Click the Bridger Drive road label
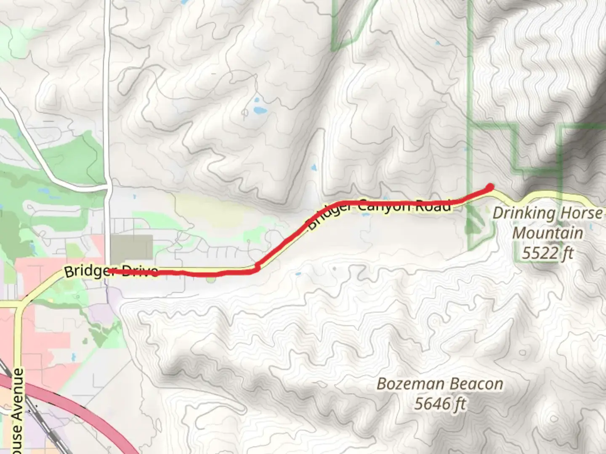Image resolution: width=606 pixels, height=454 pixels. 111,271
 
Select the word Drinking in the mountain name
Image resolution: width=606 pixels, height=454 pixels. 524,214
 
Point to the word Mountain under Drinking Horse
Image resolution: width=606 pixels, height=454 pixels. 548,233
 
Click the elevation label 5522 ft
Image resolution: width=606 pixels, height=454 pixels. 548,253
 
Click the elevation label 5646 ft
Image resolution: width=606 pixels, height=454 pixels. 440,404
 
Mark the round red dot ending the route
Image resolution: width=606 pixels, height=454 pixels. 490,187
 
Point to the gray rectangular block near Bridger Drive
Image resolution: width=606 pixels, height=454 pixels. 131,248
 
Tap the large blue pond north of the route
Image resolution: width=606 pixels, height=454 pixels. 260,111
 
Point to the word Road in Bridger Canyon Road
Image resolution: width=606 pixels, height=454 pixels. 433,206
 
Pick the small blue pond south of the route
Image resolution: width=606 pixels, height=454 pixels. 298,274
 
